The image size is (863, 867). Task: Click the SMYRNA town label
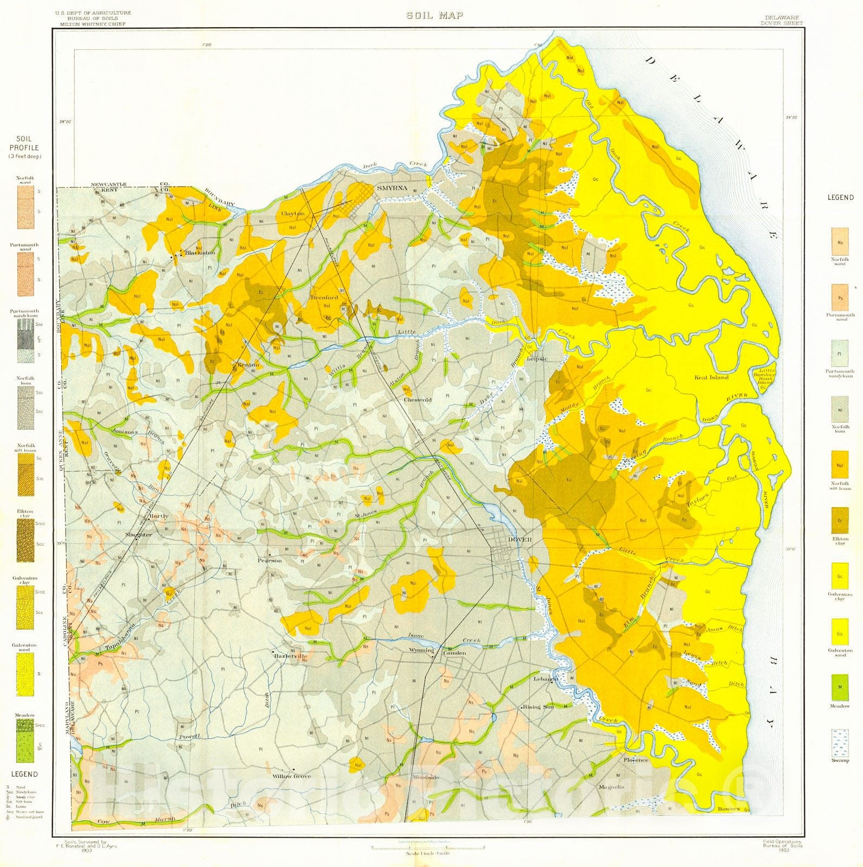click(x=391, y=188)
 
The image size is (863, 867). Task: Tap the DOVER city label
click(x=520, y=540)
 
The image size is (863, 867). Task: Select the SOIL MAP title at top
click(x=435, y=15)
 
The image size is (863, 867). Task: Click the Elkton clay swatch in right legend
click(x=840, y=521)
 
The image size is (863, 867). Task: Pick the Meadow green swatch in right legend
click(x=840, y=688)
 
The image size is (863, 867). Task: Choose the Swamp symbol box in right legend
click(x=840, y=743)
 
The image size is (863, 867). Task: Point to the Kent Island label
click(x=712, y=377)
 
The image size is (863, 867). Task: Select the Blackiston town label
click(x=200, y=253)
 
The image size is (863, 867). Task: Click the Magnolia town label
click(x=611, y=787)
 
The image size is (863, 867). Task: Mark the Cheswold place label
click(x=418, y=400)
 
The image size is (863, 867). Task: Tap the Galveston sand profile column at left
click(x=24, y=674)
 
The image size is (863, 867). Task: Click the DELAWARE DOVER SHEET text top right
click(x=781, y=21)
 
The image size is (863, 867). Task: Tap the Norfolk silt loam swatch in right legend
click(x=840, y=465)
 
